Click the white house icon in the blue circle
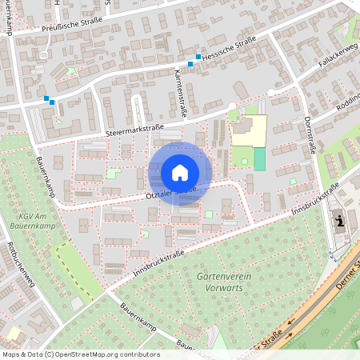click(x=180, y=173)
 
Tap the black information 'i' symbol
click(x=341, y=221)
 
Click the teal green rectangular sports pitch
click(x=259, y=159)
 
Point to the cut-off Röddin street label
click(x=349, y=98)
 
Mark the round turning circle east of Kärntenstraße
click(x=232, y=106)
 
